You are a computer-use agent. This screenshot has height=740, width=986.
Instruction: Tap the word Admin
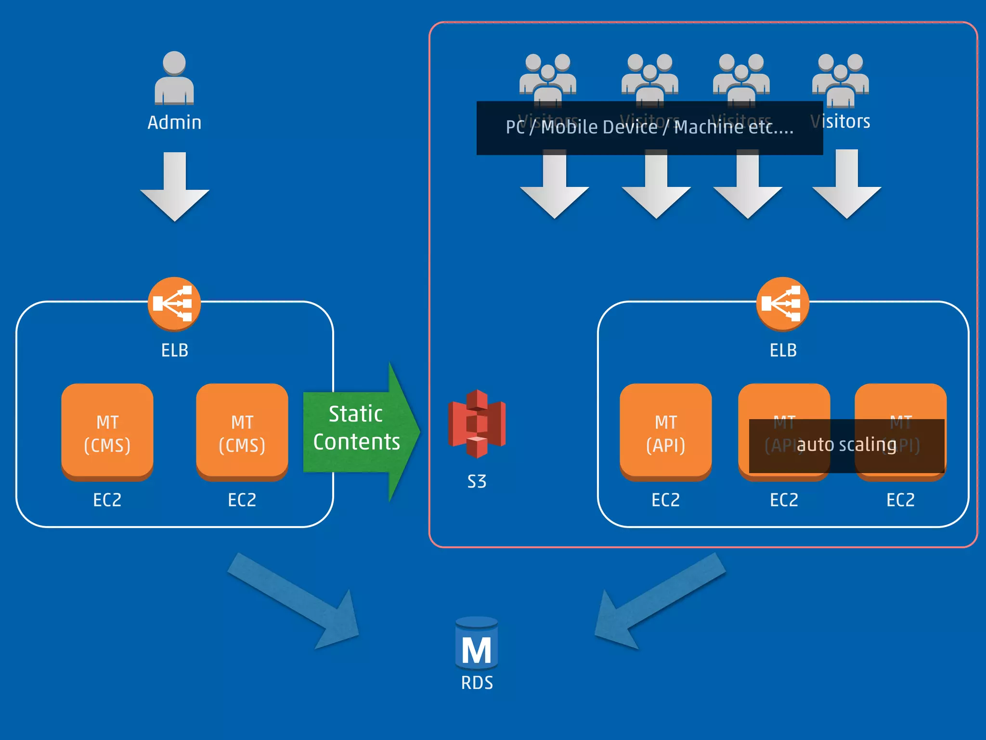(x=174, y=122)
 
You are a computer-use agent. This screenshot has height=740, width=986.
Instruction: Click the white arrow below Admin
(x=174, y=188)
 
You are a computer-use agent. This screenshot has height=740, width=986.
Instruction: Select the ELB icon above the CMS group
(x=174, y=304)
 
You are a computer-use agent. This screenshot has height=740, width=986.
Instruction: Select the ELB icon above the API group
(x=783, y=304)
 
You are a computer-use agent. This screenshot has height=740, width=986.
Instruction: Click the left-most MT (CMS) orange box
(x=107, y=432)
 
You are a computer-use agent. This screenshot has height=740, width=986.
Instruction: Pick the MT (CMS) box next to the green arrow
(x=242, y=432)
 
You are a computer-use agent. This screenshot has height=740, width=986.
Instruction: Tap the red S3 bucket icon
(x=477, y=424)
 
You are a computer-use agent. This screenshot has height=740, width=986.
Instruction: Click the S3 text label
(x=477, y=481)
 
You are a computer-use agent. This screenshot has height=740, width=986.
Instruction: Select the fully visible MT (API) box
(x=666, y=432)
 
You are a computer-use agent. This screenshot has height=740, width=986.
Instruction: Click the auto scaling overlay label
(x=846, y=445)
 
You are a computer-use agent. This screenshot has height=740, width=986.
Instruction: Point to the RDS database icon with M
(x=477, y=644)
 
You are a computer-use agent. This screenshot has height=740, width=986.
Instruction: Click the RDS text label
(x=477, y=683)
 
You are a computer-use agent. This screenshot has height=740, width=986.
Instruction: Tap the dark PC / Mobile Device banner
(x=649, y=128)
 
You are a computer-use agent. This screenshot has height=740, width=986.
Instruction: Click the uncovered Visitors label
(x=841, y=121)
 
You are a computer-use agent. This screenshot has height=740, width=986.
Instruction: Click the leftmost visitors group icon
(x=548, y=77)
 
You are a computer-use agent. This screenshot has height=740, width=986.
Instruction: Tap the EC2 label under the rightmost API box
(x=900, y=500)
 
